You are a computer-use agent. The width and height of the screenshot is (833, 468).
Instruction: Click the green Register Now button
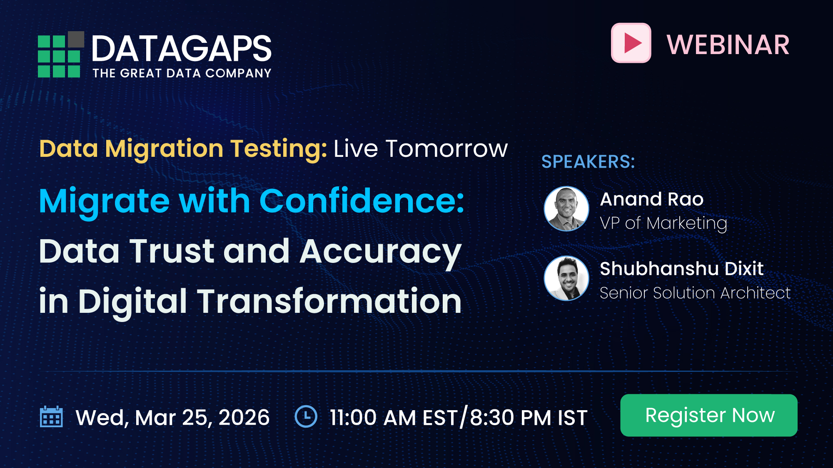(708, 415)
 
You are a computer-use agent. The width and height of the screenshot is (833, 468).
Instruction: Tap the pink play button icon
(631, 43)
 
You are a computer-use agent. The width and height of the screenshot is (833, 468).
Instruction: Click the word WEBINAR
(728, 45)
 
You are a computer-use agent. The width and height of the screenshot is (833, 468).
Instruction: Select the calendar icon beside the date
(51, 417)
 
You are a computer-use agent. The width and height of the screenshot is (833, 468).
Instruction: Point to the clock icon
(306, 416)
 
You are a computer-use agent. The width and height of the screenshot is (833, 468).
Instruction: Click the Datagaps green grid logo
(58, 57)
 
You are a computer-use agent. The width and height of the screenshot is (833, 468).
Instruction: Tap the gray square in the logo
(76, 40)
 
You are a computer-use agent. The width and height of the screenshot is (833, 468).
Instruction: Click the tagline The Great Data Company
(182, 73)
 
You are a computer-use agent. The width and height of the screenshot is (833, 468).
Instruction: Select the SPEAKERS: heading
(588, 161)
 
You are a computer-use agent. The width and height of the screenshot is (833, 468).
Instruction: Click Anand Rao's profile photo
(566, 209)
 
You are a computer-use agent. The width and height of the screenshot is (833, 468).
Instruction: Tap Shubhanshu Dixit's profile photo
(566, 278)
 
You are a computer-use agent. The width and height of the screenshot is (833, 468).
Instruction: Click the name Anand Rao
(651, 199)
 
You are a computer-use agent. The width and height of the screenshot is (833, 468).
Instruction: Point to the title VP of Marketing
(663, 223)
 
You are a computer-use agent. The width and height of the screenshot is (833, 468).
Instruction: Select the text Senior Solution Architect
(695, 293)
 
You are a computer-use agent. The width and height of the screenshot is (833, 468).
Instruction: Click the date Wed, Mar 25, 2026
(172, 417)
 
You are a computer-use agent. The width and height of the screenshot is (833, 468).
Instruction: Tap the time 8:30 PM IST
(529, 417)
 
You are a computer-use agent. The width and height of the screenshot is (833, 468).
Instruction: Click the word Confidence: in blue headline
(362, 201)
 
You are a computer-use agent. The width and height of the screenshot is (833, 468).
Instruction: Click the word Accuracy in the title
(380, 252)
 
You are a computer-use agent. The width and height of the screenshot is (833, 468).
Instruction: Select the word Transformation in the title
(329, 301)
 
